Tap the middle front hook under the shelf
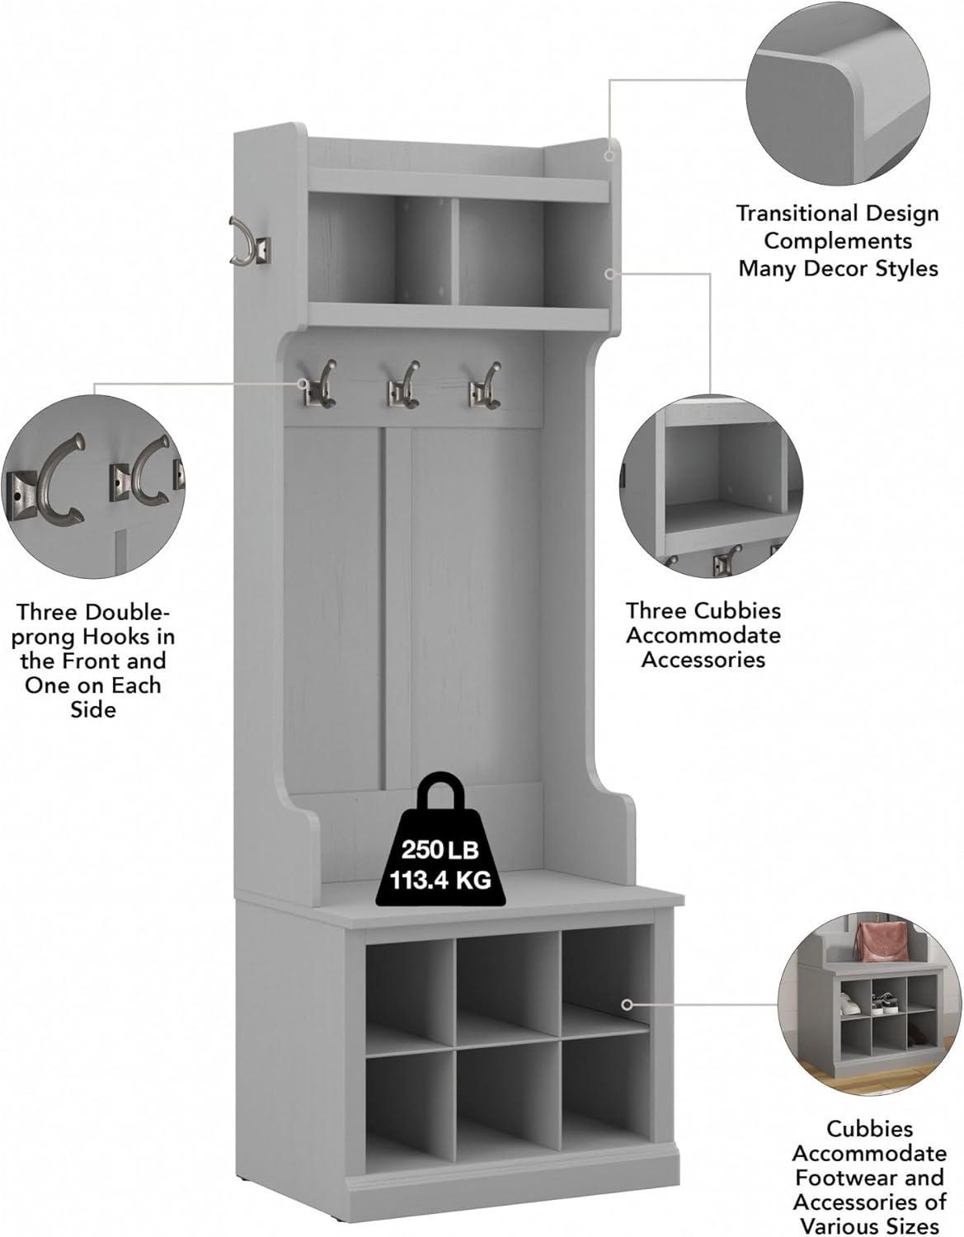click(403, 385)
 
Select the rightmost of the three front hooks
click(485, 385)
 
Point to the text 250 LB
click(440, 850)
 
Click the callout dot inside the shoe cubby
click(627, 1004)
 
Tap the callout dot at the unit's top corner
click(609, 155)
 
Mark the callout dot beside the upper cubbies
click(610, 274)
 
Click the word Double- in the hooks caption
click(125, 612)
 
